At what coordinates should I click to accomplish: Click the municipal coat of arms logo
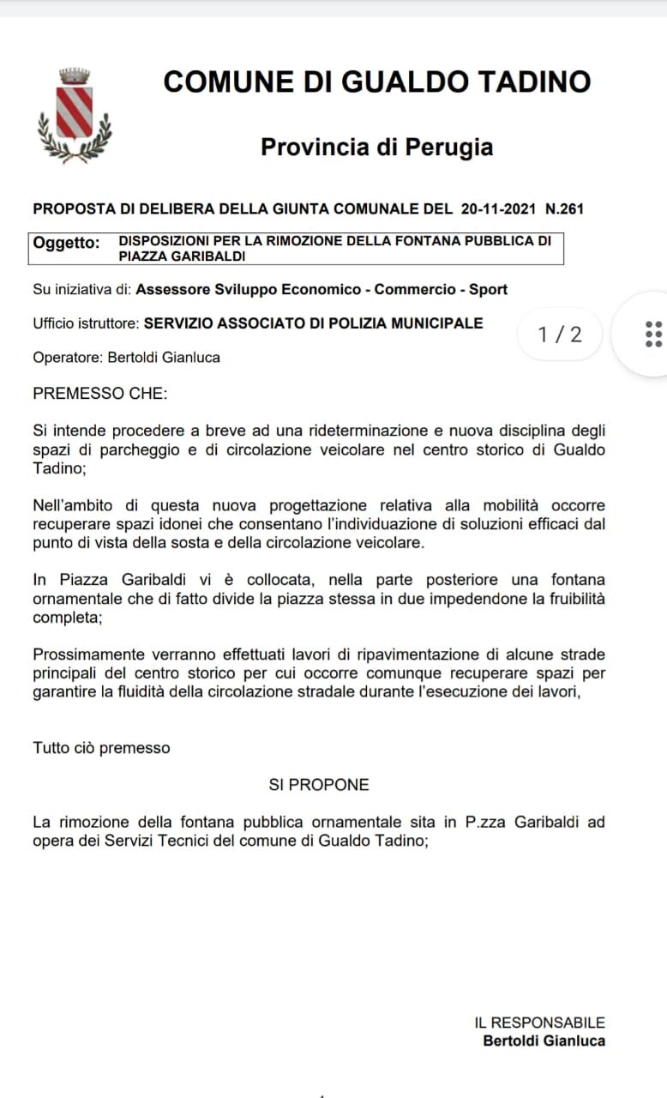[x=75, y=115]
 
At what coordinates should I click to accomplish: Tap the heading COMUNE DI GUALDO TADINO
[x=376, y=82]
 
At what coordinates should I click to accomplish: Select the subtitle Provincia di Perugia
[x=376, y=147]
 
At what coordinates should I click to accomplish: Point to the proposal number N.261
[x=564, y=208]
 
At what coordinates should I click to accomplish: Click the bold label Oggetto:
[x=66, y=243]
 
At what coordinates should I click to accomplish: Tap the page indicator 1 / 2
[x=560, y=334]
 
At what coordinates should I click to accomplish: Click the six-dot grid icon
[x=652, y=334]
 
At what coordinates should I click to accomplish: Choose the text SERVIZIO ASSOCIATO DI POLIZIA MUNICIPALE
[x=313, y=323]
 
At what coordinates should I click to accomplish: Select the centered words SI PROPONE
[x=319, y=785]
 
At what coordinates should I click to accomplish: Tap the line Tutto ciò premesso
[x=101, y=748]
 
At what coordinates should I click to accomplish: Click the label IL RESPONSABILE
[x=539, y=1023]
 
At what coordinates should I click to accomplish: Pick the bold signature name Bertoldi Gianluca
[x=544, y=1041]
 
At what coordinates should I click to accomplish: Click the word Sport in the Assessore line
[x=488, y=289]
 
